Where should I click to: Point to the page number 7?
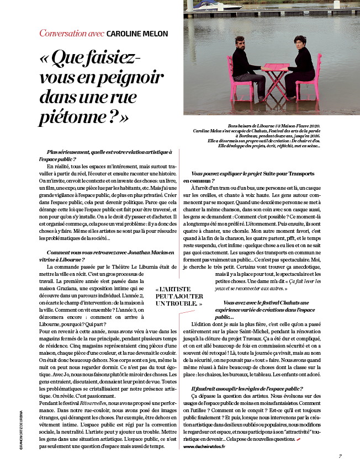point(341,440)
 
